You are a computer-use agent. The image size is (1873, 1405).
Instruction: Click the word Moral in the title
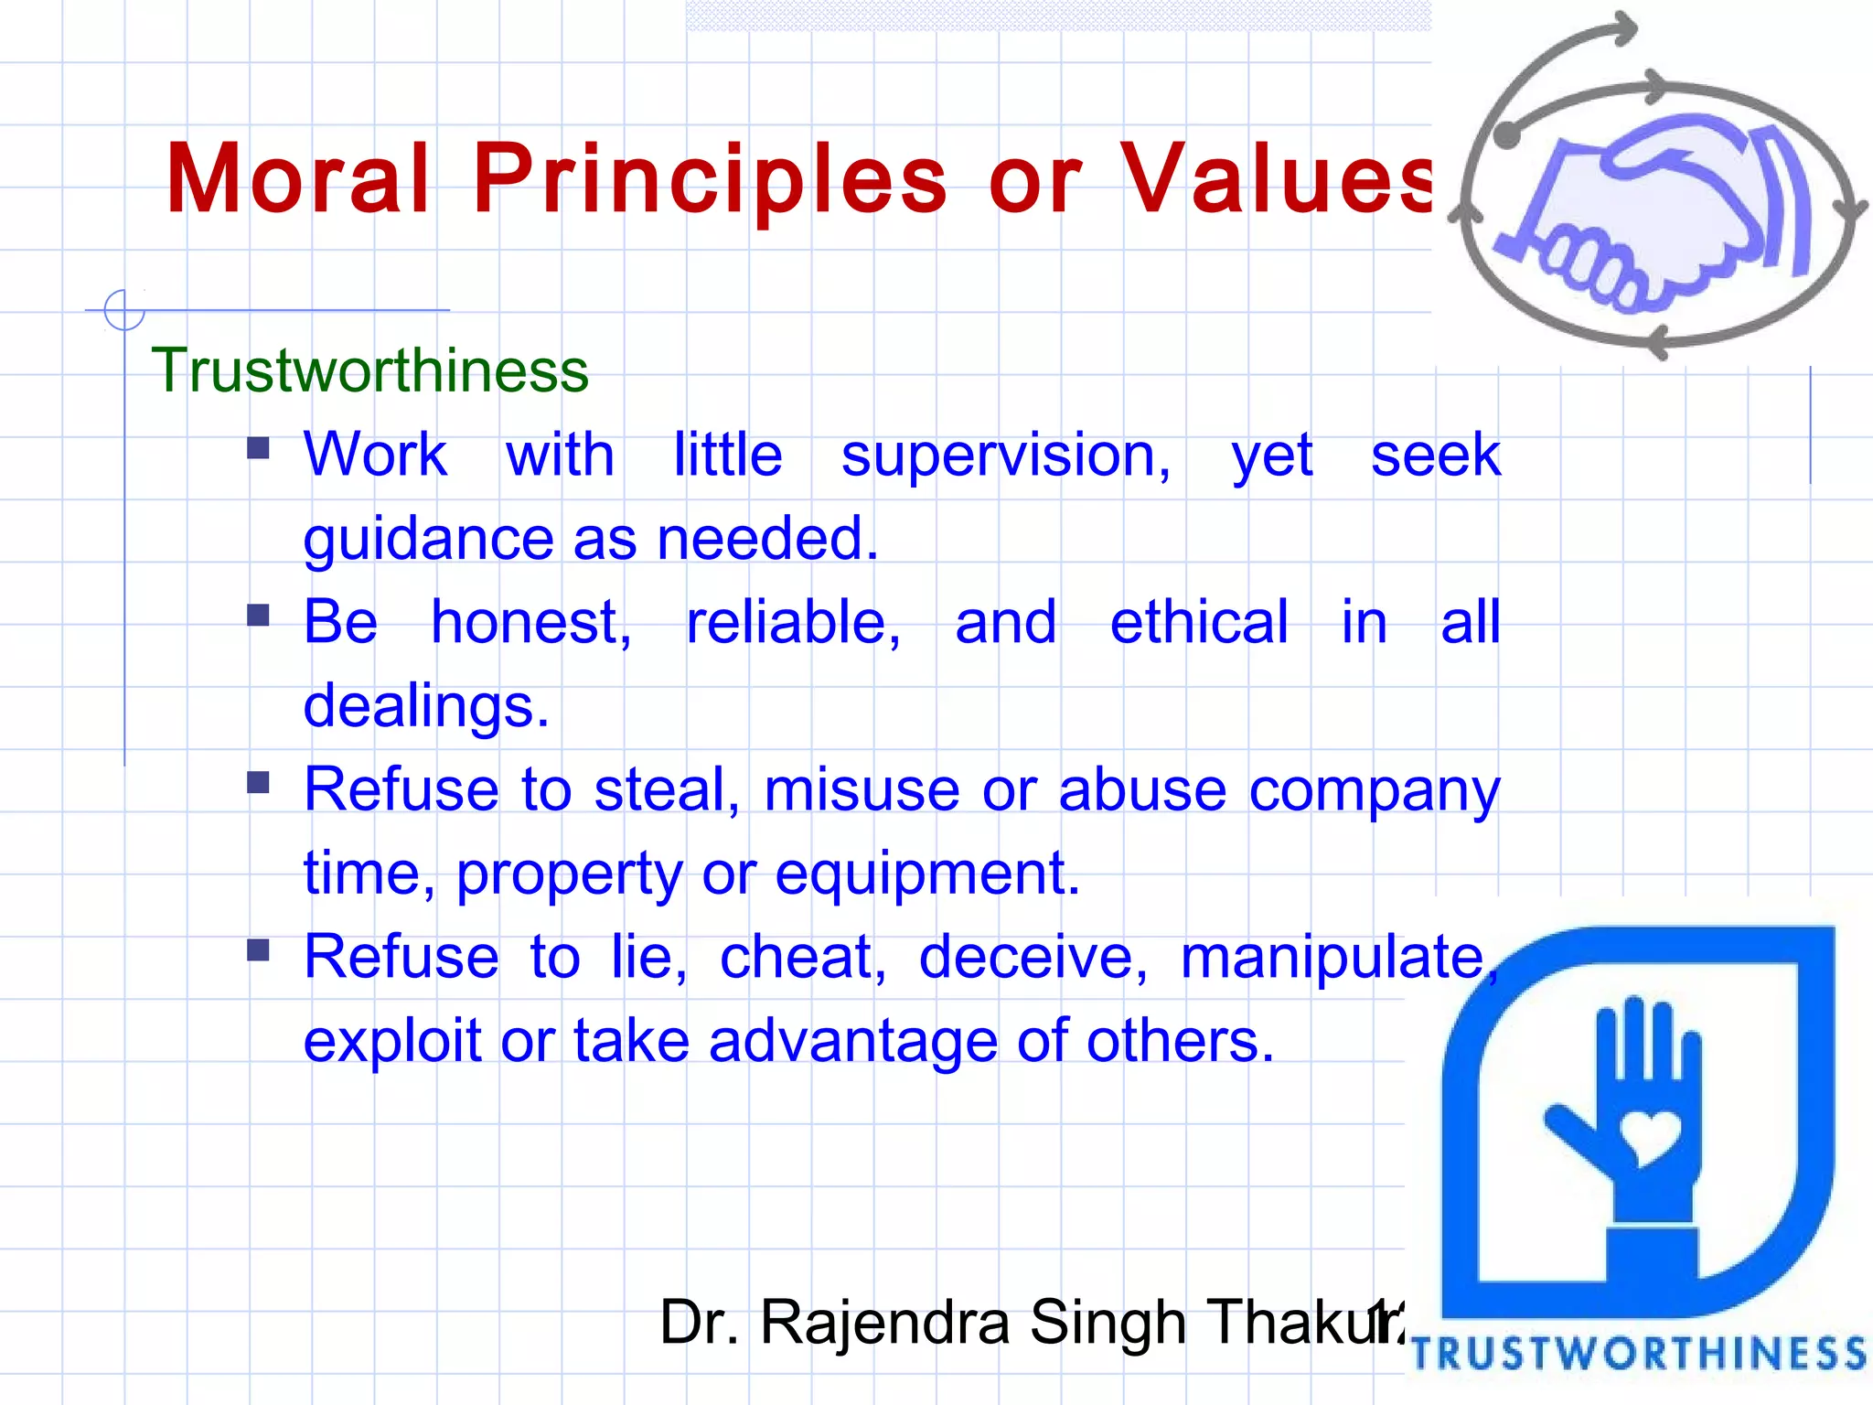297,179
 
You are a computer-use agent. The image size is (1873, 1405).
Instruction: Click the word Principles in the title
710,179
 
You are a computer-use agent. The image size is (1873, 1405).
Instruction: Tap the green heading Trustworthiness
369,370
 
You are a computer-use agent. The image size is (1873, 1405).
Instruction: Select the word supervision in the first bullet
1005,456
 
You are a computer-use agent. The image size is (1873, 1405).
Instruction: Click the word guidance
428,540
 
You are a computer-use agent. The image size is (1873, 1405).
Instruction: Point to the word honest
530,623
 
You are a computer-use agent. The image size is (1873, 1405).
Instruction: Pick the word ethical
1198,623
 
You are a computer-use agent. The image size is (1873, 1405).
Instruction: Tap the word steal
666,790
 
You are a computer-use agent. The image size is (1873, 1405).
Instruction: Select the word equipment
927,874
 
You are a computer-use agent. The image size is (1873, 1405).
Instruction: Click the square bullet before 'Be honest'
259,615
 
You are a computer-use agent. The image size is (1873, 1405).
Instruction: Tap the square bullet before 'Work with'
259,447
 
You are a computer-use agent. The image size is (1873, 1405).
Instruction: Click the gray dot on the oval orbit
1507,136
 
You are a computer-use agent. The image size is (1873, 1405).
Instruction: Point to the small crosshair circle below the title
124,310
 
